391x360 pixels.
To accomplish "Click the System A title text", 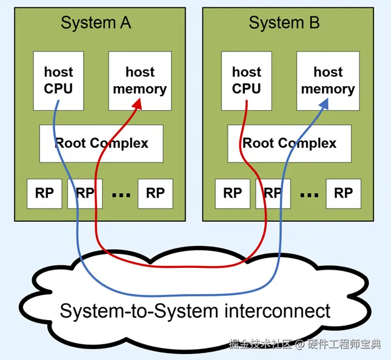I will click(x=96, y=23).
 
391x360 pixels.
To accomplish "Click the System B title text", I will click(x=284, y=23).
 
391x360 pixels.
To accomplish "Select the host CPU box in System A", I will click(x=58, y=81).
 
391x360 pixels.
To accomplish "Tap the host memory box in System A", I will click(x=140, y=81).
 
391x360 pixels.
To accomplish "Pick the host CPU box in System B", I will click(x=246, y=81).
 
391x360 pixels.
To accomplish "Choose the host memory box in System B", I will click(x=328, y=81).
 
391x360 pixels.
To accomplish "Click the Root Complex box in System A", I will click(x=101, y=144).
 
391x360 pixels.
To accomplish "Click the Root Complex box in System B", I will click(x=289, y=144).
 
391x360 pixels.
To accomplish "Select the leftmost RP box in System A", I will click(x=44, y=193).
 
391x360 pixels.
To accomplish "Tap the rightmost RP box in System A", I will click(x=155, y=193).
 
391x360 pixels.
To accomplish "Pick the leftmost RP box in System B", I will click(x=232, y=193).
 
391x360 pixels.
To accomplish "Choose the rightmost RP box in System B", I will click(x=343, y=193).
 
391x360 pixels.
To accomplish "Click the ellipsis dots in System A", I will click(x=121, y=195).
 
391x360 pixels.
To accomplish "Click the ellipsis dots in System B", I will click(x=309, y=195).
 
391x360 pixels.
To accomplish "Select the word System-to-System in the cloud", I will click(x=138, y=311).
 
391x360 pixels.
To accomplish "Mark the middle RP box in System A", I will click(x=85, y=193).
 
